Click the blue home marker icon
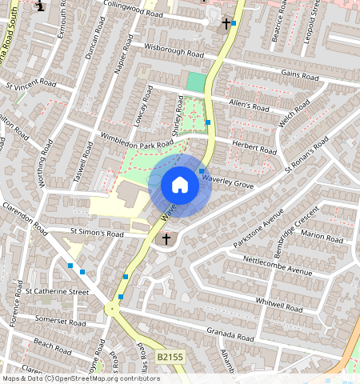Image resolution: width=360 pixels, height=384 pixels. tap(180, 186)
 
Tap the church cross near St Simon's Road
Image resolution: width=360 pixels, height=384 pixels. tap(166, 238)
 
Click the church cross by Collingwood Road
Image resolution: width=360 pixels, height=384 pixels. tap(226, 23)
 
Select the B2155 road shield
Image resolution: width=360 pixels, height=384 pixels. tap(170, 357)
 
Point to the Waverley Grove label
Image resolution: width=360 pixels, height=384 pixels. tap(228, 182)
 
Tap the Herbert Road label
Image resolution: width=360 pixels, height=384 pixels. tap(254, 146)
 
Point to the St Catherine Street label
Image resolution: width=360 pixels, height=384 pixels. tap(56, 293)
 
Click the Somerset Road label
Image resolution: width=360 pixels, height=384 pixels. tap(59, 320)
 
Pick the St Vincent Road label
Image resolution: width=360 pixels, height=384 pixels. tap(30, 83)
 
